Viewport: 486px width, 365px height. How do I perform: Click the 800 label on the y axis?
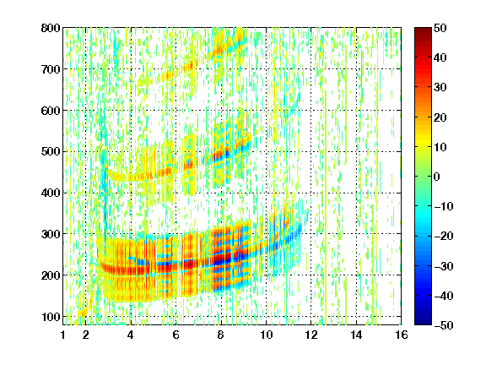tap(51, 28)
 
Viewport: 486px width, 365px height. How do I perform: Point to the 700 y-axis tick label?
tap(51, 69)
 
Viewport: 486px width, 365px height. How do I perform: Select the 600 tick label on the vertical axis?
tap(51, 111)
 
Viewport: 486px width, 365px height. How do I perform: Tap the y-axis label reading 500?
tap(51, 152)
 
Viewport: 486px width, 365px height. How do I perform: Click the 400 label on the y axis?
tap(51, 193)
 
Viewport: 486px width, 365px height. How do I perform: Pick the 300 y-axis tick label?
tap(51, 234)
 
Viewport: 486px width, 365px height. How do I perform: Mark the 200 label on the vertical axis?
tap(51, 275)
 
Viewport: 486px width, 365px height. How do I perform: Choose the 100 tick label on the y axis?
tap(51, 317)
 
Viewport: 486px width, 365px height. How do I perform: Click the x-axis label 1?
tap(63, 335)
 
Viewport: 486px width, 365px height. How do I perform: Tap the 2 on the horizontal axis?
tap(86, 335)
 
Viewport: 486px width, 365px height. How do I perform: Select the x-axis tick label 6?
tap(176, 335)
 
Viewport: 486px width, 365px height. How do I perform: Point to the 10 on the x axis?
tap(266, 335)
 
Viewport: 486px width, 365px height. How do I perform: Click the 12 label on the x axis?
tap(311, 335)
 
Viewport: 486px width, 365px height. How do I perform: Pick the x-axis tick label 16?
tap(402, 335)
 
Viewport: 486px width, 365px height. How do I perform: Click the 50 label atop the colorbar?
tap(440, 28)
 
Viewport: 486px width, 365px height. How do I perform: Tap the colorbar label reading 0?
tap(437, 177)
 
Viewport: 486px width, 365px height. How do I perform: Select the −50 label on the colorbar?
tap(444, 325)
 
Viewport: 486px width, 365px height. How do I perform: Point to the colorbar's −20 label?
tap(444, 237)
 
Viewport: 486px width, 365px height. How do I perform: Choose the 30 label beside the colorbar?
tap(440, 88)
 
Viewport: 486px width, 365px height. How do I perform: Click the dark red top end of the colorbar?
tap(423, 30)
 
